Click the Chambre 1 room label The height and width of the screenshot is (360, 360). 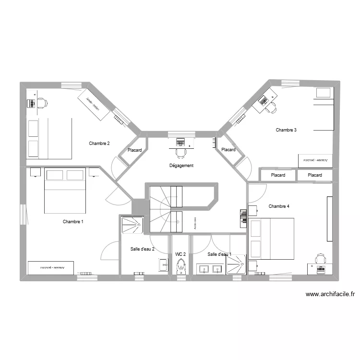[x=73, y=222]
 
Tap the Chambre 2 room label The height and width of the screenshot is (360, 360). [x=99, y=144]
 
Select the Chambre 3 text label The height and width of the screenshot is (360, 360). [x=286, y=130]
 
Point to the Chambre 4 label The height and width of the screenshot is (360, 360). [x=279, y=206]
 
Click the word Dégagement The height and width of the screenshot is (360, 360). [x=181, y=166]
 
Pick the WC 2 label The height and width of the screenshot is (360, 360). [x=180, y=254]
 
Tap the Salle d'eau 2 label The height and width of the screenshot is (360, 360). [x=143, y=249]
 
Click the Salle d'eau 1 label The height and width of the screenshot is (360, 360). [x=219, y=254]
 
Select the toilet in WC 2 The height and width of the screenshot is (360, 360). [x=181, y=266]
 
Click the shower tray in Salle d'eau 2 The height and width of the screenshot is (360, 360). [x=132, y=225]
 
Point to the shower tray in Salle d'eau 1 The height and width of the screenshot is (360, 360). [x=236, y=264]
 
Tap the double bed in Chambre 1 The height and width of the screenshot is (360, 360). [x=65, y=190]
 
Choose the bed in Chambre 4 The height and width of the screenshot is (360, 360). [x=271, y=239]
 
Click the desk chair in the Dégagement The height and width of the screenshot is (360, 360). [x=180, y=153]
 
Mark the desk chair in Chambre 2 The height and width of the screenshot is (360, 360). [x=42, y=103]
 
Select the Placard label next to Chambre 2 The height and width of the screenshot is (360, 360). [x=135, y=150]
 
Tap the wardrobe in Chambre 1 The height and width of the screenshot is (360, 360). [x=50, y=267]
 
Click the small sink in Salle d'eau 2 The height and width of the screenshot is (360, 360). [x=163, y=264]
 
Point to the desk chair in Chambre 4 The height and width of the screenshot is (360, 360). [x=320, y=260]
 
